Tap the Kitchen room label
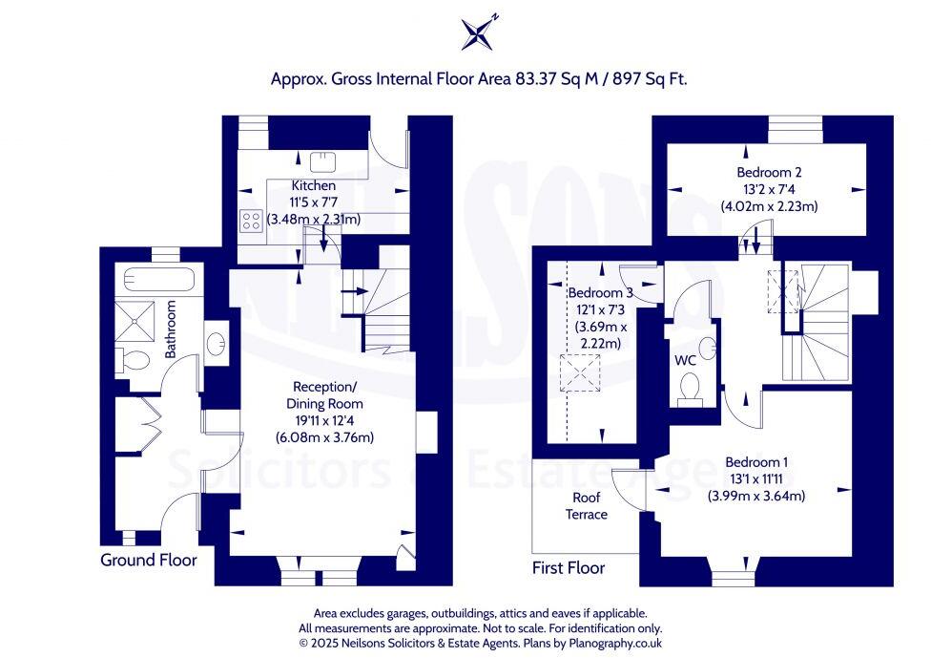[x=313, y=185]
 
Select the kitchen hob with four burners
[x=252, y=221]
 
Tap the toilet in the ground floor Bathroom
[x=132, y=360]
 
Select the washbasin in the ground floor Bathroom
[x=217, y=342]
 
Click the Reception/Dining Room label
[x=325, y=394]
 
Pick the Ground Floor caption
[x=149, y=560]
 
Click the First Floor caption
[x=569, y=567]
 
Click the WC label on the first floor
[x=685, y=362]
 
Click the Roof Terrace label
[x=590, y=506]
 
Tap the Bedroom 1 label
[x=756, y=462]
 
